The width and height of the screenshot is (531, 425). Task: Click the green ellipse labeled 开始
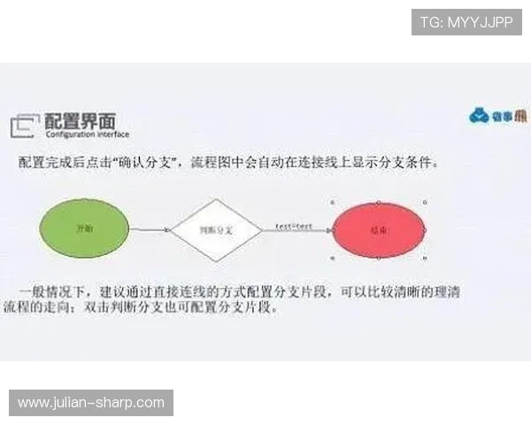tap(85, 228)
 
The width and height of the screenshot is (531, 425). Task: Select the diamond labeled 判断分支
tap(216, 229)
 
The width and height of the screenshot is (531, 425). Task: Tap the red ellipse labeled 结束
tap(380, 229)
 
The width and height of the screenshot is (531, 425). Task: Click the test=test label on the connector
tap(294, 227)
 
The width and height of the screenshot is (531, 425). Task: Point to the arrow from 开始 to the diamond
tap(150, 230)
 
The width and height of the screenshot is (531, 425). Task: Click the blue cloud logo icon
tap(479, 116)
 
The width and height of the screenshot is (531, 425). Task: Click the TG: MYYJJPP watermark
tap(466, 21)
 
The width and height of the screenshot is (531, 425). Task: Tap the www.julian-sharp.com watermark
tap(91, 403)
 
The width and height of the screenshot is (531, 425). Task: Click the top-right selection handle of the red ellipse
tap(426, 201)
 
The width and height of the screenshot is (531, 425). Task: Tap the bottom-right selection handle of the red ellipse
tap(426, 258)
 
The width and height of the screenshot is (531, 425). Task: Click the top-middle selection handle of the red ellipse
tap(380, 201)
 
